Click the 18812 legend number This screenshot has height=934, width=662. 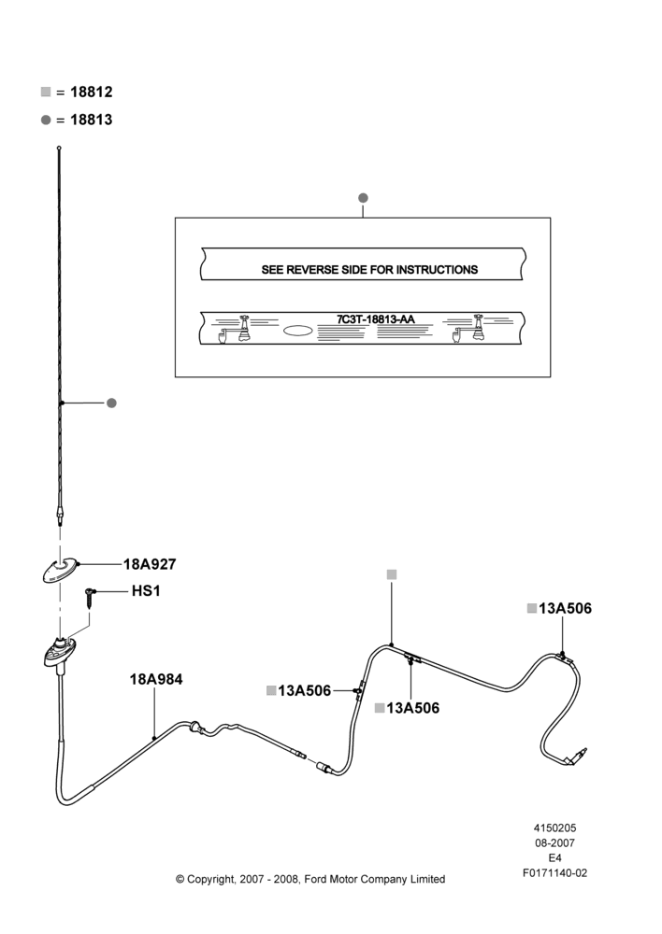[x=92, y=92]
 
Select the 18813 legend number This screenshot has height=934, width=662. [x=92, y=120]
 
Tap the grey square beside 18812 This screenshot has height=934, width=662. [x=46, y=92]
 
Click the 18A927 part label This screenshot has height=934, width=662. [x=150, y=564]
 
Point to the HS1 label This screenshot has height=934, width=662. [x=146, y=591]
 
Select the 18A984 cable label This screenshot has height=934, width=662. [x=156, y=679]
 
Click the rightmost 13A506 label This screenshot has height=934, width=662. [x=566, y=608]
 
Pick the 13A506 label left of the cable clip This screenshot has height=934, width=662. [x=304, y=690]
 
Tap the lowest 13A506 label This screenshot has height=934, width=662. [x=412, y=708]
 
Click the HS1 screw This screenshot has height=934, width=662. [x=90, y=597]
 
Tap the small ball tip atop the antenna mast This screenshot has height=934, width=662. [x=59, y=148]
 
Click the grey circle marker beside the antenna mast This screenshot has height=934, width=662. [x=111, y=403]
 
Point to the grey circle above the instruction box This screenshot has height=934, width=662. [x=363, y=198]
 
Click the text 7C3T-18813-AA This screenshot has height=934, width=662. [x=376, y=319]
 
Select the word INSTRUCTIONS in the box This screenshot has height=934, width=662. [x=438, y=270]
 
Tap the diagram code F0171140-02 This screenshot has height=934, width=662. [x=554, y=873]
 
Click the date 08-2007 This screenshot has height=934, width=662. [x=554, y=842]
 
